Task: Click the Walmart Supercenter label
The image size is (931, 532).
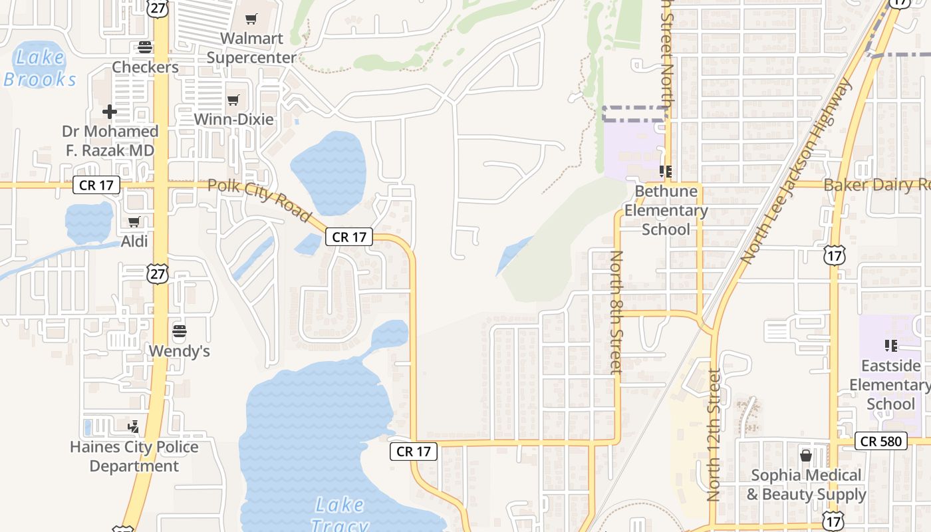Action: [x=251, y=48]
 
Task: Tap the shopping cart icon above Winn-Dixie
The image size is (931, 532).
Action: [x=233, y=100]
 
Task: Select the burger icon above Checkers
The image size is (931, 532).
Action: [x=145, y=47]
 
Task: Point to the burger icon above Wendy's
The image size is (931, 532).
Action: [x=179, y=331]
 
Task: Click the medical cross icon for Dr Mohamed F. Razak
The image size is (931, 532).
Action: [x=110, y=111]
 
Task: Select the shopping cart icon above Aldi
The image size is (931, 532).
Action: [x=134, y=221]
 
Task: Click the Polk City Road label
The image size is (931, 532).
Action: [x=259, y=199]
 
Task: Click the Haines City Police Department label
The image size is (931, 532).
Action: [x=134, y=456]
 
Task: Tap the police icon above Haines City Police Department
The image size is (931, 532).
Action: [x=134, y=426]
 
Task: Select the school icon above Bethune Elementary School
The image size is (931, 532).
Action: [x=666, y=172]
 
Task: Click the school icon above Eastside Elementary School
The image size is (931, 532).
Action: [x=891, y=345]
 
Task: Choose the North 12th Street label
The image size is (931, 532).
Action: [x=714, y=436]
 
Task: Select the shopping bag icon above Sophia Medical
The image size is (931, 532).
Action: [x=806, y=456]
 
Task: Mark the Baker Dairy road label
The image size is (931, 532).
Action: [x=876, y=185]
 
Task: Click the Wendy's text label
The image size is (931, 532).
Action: [x=179, y=350]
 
